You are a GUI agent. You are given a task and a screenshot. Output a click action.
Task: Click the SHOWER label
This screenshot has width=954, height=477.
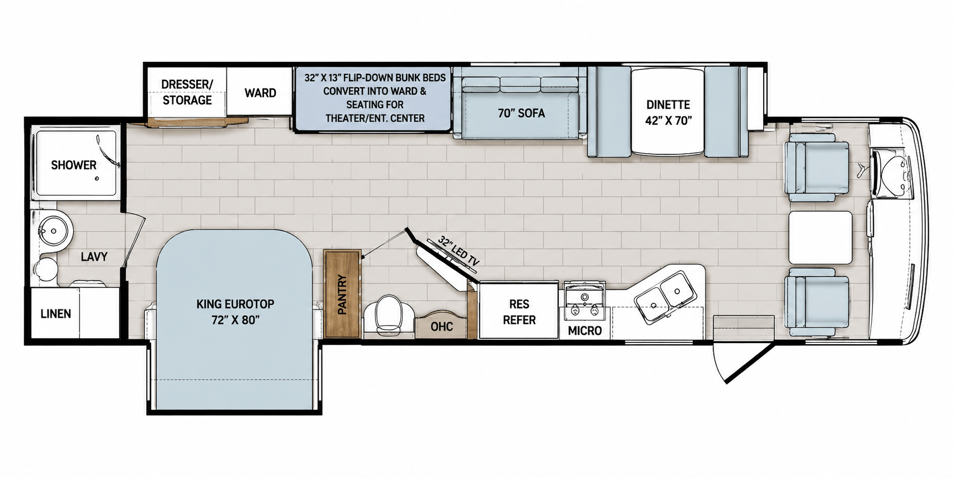(x=74, y=165)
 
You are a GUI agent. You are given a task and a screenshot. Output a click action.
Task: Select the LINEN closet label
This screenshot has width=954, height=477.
(x=56, y=314)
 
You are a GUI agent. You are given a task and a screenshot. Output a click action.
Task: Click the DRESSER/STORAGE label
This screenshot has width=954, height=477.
(x=187, y=92)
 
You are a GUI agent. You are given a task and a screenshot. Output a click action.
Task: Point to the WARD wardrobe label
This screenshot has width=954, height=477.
(x=260, y=93)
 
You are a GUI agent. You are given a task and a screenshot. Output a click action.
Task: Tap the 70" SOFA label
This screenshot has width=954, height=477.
(x=521, y=113)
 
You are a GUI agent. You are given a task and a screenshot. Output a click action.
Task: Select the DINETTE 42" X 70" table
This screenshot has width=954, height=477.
(x=668, y=111)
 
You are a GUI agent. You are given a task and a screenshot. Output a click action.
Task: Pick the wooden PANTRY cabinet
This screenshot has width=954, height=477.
(x=343, y=294)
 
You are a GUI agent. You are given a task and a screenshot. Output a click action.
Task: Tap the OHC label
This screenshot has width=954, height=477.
(x=442, y=326)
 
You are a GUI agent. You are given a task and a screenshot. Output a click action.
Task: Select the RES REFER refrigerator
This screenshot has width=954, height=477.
(x=519, y=310)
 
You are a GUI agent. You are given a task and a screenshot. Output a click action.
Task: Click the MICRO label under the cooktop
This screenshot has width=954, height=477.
(x=585, y=331)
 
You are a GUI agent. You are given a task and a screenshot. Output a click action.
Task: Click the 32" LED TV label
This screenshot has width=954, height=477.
(x=458, y=251)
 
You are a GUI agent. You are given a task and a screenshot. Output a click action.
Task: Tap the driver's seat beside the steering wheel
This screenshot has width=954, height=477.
(x=816, y=167)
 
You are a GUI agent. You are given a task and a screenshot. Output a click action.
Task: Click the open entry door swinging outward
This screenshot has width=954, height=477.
(x=745, y=361)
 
